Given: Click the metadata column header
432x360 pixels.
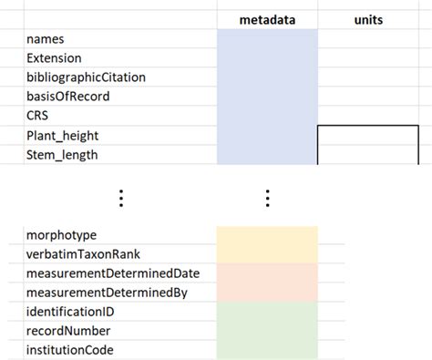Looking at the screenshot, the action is pyautogui.click(x=267, y=19).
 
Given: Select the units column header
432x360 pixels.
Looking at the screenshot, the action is pyautogui.click(x=367, y=19).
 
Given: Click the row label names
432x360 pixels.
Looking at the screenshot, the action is pyautogui.click(x=46, y=39).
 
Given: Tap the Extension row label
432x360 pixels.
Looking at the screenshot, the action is pyautogui.click(x=55, y=58).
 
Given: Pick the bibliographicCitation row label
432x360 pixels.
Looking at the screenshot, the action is pyautogui.click(x=86, y=77).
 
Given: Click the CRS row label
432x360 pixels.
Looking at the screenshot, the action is pyautogui.click(x=37, y=116).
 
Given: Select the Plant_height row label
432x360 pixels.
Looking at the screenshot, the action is pyautogui.click(x=63, y=135).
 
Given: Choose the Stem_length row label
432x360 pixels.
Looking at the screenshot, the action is pyautogui.click(x=62, y=154).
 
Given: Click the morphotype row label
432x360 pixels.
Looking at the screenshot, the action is pyautogui.click(x=62, y=235).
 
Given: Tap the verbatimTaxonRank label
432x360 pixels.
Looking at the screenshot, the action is pyautogui.click(x=84, y=253).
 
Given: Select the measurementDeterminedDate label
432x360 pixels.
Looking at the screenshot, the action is pyautogui.click(x=113, y=273).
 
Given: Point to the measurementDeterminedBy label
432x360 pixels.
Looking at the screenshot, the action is pyautogui.click(x=108, y=292).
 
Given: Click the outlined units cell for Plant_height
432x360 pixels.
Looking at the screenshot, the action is pyautogui.click(x=367, y=144).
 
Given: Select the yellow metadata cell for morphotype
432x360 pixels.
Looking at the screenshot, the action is pyautogui.click(x=267, y=235).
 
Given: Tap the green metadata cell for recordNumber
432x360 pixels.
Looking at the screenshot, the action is pyautogui.click(x=267, y=330).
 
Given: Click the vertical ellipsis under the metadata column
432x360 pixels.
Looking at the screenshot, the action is pyautogui.click(x=267, y=198).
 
